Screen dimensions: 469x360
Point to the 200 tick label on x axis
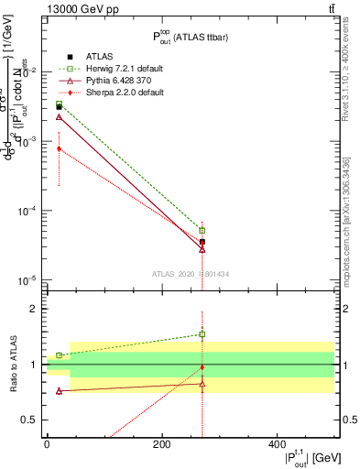click(x=162, y=444)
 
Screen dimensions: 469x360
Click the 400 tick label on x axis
click(x=278, y=444)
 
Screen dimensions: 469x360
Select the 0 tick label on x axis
click(x=47, y=444)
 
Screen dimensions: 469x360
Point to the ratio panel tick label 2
click(x=32, y=309)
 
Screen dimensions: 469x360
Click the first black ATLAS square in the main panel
click(x=59, y=107)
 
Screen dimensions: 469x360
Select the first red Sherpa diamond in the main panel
click(x=59, y=148)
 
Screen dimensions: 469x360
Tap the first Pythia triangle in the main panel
click(x=59, y=117)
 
